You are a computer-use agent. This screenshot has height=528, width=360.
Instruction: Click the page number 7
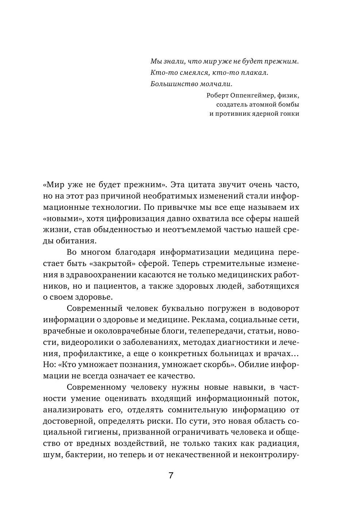coord(171,477)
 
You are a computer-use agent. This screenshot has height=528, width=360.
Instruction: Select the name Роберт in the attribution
coord(217,96)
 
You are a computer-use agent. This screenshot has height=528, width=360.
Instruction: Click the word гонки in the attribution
coord(290,113)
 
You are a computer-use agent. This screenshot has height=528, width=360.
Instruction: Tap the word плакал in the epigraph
coord(255,73)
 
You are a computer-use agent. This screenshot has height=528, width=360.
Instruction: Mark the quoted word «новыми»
coord(57,219)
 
